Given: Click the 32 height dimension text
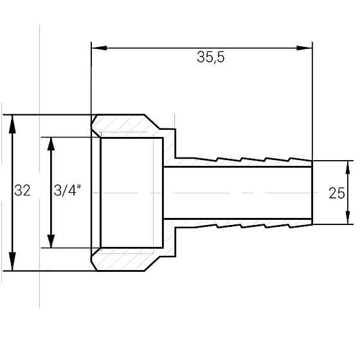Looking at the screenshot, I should pos(22,192).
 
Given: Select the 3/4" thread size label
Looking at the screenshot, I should pos(67,192).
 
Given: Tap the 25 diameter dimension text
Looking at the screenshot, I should pos(336,193).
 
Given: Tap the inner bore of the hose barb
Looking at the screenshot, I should pos(238,193).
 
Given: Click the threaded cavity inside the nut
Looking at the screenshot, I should pos(132,193).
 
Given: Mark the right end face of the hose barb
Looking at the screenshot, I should pos(312,193).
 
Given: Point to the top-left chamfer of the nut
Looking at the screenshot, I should pos(94,120).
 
